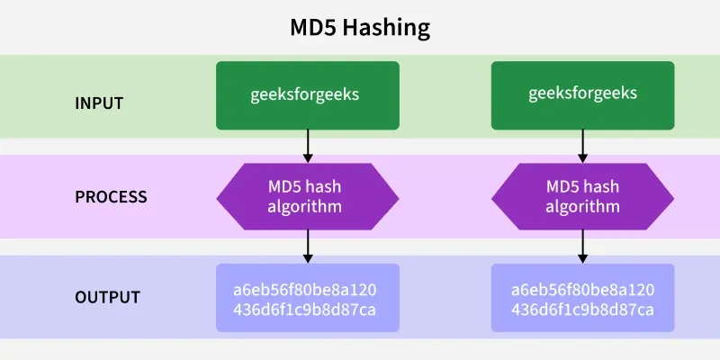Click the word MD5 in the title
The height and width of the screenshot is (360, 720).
pyautogui.click(x=312, y=28)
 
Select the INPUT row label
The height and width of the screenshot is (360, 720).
pyautogui.click(x=98, y=103)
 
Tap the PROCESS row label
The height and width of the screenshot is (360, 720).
pyautogui.click(x=111, y=196)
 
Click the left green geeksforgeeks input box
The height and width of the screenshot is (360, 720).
pyautogui.click(x=308, y=94)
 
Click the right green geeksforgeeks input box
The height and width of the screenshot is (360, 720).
pyautogui.click(x=582, y=94)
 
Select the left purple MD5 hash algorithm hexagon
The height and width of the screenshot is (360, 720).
pyautogui.click(x=308, y=196)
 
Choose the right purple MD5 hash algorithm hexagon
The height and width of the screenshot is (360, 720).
pyautogui.click(x=582, y=196)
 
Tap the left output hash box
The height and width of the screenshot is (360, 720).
pyautogui.click(x=308, y=298)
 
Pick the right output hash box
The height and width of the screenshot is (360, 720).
pyautogui.click(x=582, y=298)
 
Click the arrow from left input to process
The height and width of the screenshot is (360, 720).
pyautogui.click(x=308, y=145)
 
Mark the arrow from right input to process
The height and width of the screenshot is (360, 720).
pyautogui.click(x=582, y=145)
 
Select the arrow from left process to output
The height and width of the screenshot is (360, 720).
pyautogui.click(x=308, y=246)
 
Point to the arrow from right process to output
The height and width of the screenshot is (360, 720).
pyautogui.click(x=582, y=246)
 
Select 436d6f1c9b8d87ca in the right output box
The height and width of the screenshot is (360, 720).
pyautogui.click(x=582, y=310)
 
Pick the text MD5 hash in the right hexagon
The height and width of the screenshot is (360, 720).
pyautogui.click(x=582, y=187)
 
